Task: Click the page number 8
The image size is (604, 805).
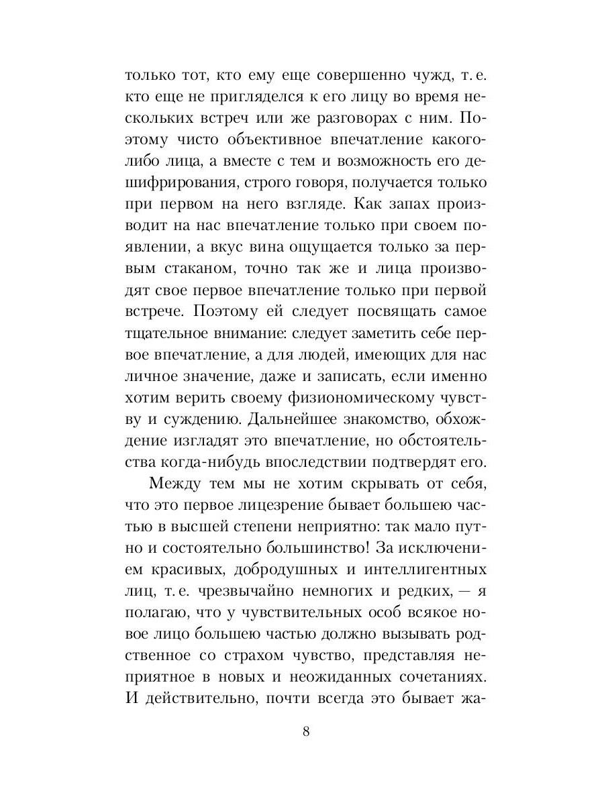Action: [306, 731]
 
